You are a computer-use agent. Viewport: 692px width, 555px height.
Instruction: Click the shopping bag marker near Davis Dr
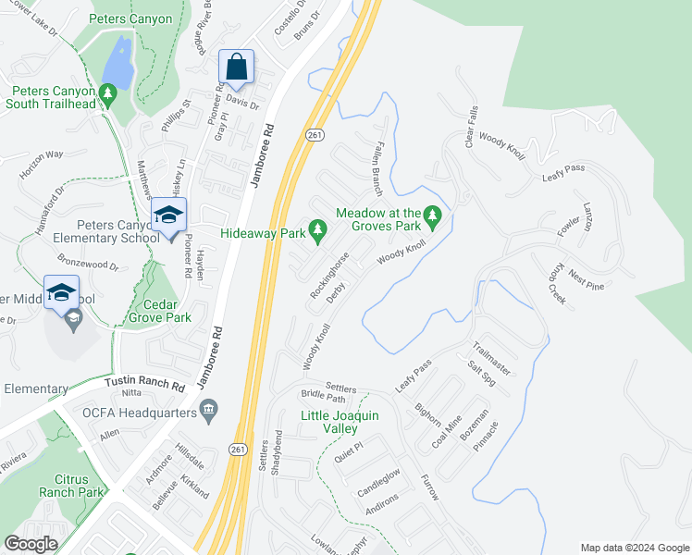click(x=237, y=68)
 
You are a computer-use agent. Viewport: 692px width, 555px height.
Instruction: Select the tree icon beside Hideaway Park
click(x=318, y=228)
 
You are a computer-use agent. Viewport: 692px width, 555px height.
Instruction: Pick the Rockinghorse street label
click(x=328, y=277)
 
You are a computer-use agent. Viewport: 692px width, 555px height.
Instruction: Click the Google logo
click(x=31, y=544)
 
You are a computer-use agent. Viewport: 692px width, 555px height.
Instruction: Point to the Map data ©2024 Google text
click(x=635, y=548)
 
